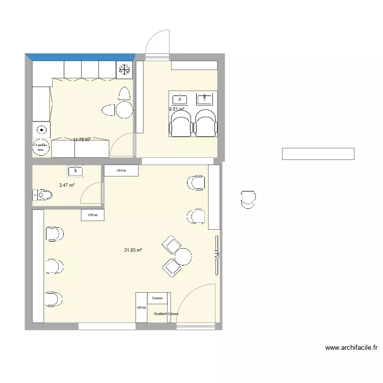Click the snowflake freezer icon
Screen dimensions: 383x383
click(x=124, y=70)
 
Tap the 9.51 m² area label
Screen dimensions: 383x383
click(x=177, y=109)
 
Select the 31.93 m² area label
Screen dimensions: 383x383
click(x=133, y=250)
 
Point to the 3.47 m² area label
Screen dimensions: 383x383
click(x=67, y=185)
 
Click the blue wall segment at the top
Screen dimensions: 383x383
click(x=80, y=56)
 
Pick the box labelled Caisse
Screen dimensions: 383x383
click(x=157, y=298)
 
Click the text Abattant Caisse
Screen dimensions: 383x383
click(x=165, y=315)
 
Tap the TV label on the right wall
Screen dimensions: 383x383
click(x=217, y=255)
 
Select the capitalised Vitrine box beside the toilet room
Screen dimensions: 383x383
click(x=92, y=215)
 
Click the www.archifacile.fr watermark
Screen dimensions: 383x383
click(x=351, y=348)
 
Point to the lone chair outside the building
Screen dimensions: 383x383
click(x=248, y=199)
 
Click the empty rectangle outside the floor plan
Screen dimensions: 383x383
click(x=318, y=154)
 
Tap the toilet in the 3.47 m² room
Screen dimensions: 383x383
click(x=42, y=195)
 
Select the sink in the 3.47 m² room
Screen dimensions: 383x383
click(x=76, y=171)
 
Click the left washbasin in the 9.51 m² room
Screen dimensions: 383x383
click(x=180, y=99)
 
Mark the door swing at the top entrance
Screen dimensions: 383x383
click(x=157, y=42)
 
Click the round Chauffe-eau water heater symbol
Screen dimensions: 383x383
click(x=40, y=147)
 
